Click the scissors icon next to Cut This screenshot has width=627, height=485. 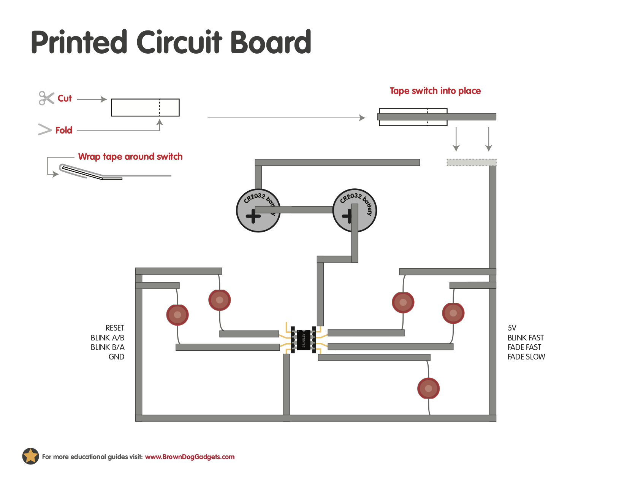point(46,98)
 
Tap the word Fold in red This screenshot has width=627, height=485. point(63,130)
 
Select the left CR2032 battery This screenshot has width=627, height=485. point(258,210)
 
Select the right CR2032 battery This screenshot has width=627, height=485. point(354,210)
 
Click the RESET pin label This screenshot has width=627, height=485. point(115,328)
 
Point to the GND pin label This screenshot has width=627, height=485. point(116,357)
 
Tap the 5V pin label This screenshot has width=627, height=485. point(512,328)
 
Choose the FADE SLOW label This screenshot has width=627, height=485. point(526,357)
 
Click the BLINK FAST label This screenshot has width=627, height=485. point(526,338)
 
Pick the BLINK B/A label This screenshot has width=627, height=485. point(108,347)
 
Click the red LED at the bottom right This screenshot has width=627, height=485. point(428,388)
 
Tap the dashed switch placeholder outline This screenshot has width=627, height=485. point(471,162)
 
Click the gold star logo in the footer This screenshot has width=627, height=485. point(30,456)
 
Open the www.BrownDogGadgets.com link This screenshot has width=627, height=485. point(190,457)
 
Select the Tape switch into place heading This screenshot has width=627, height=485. point(435,91)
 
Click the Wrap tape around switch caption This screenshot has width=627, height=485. point(130,157)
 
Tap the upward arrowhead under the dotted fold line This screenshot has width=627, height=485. point(160,122)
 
